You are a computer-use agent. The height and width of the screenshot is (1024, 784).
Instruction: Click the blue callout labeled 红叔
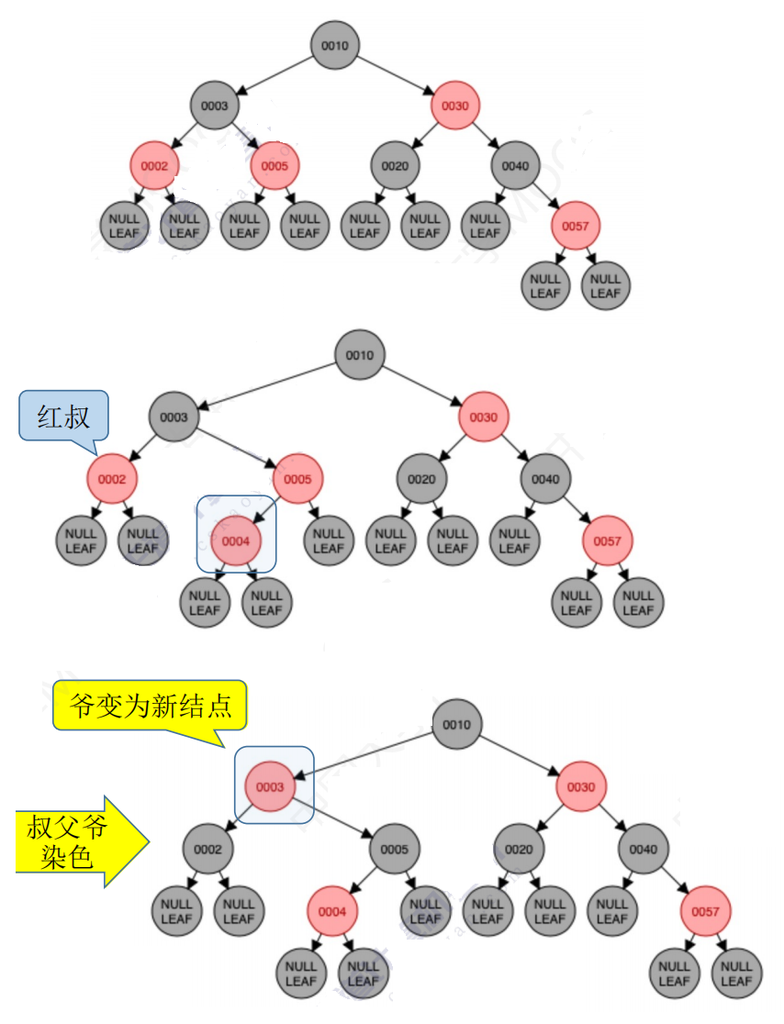(x=63, y=417)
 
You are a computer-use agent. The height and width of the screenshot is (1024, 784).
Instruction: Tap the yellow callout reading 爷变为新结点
(x=150, y=706)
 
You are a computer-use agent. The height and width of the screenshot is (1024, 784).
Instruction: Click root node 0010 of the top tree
(x=334, y=45)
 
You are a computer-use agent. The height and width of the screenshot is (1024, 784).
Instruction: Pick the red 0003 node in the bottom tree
(x=270, y=786)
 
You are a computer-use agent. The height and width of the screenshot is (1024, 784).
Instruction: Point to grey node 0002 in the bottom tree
(x=207, y=849)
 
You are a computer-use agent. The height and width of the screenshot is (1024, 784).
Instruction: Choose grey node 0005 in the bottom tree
(x=394, y=849)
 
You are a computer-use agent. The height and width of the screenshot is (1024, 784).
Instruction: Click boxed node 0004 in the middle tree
(x=235, y=540)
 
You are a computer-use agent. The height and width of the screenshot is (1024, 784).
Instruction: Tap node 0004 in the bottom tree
(x=332, y=911)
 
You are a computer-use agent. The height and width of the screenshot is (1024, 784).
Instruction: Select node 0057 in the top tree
(x=575, y=226)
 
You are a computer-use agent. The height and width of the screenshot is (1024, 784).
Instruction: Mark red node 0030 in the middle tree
(x=483, y=417)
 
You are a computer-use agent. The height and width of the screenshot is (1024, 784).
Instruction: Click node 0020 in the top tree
(x=395, y=166)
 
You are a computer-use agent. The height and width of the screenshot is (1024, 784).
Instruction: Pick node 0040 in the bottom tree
(x=643, y=849)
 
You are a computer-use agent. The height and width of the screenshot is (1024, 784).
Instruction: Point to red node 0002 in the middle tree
(x=112, y=479)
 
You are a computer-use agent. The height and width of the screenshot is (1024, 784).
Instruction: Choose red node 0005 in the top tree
(x=274, y=166)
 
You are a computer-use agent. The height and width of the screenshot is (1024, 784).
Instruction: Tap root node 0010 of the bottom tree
(x=456, y=724)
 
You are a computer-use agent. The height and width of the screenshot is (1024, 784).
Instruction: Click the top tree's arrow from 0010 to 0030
(x=395, y=75)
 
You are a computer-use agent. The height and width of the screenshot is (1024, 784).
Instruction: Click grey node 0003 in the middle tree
(x=174, y=417)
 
